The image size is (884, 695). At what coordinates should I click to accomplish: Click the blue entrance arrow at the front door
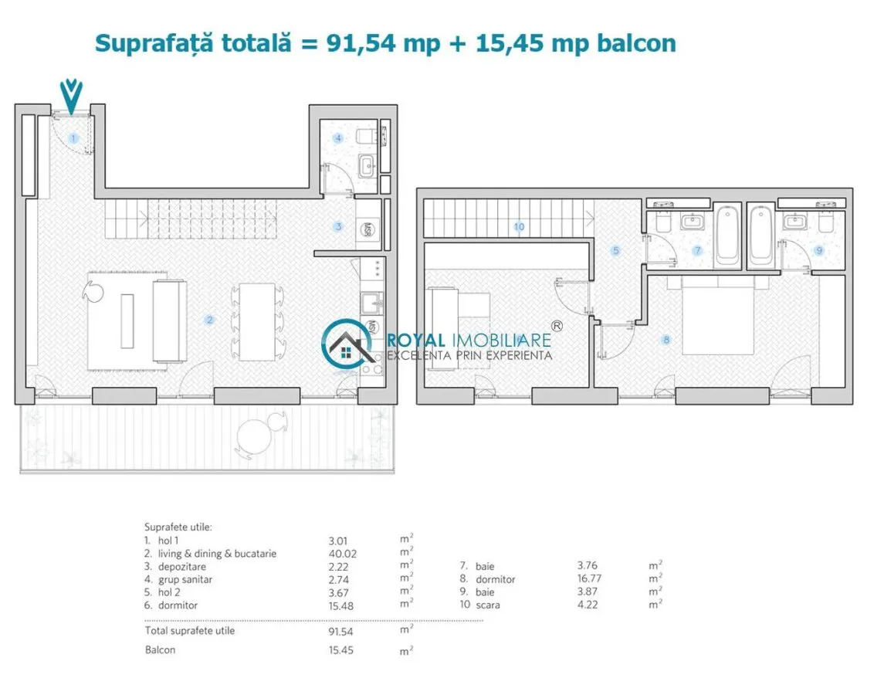[72, 97]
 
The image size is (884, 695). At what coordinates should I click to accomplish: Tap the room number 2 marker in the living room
[209, 320]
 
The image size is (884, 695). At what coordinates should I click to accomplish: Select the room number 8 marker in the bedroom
[666, 340]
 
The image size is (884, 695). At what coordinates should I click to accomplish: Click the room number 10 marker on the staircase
[519, 227]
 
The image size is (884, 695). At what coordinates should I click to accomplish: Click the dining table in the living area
[257, 322]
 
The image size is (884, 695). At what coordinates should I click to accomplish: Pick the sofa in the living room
[169, 320]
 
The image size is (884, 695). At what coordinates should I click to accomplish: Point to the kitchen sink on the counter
[371, 303]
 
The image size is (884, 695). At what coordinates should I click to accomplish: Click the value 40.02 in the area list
[343, 554]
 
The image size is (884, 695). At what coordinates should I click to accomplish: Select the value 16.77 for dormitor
[589, 578]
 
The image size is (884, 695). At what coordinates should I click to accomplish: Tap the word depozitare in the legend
[181, 567]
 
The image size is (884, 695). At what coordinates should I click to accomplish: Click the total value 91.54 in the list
[341, 632]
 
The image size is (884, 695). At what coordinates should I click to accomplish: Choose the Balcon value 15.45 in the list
[341, 650]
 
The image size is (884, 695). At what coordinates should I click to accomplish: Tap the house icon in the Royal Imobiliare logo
[347, 345]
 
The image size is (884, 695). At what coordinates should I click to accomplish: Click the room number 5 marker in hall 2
[615, 250]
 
